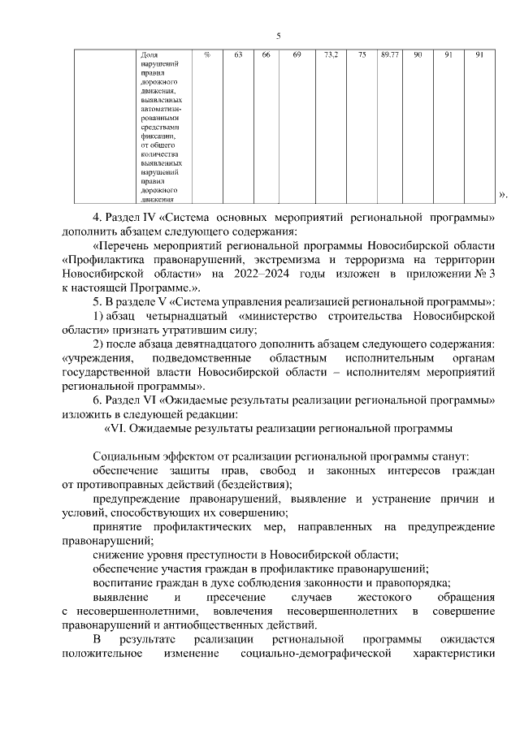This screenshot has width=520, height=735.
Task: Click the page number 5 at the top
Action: pos(279,36)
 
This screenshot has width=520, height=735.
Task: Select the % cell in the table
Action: pos(207,55)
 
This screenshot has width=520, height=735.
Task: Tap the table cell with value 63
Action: pos(238,55)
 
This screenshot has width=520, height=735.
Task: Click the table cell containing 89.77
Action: pos(389,55)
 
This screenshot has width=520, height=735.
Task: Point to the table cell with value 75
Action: pos(362,55)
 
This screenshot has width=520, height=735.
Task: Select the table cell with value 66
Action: pos(266,55)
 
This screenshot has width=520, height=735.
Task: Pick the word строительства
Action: pos(367,315)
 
